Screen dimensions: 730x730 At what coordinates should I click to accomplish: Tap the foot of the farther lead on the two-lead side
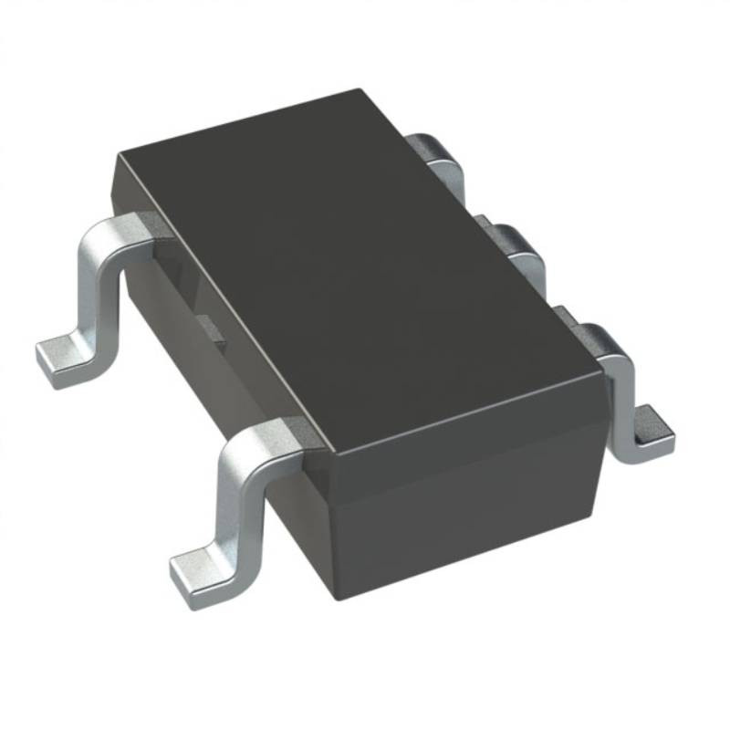click(x=64, y=360)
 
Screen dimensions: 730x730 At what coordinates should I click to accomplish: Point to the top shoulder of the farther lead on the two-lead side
click(x=128, y=228)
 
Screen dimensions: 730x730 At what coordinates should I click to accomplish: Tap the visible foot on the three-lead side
click(x=650, y=429)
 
